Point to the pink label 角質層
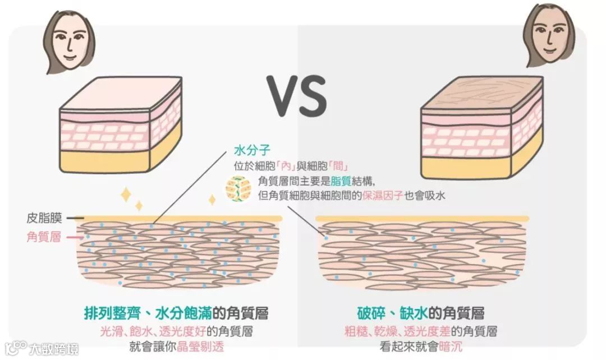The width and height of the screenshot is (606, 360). point(44,237)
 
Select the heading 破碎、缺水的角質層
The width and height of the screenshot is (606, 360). point(421,312)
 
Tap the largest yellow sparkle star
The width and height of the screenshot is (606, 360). point(126,195)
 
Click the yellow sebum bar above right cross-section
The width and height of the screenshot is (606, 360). point(422,218)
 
